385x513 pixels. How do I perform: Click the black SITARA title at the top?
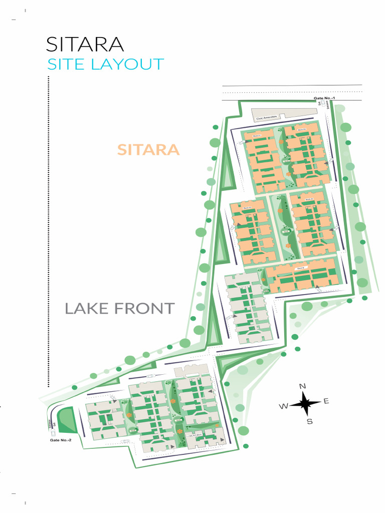point(84,45)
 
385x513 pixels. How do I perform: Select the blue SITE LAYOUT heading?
point(105,65)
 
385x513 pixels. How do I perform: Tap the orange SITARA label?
point(148,149)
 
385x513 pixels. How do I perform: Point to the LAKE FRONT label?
point(119,309)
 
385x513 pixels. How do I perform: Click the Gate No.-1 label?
point(323,98)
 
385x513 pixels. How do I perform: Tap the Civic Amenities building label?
point(267,119)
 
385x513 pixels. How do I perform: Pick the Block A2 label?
point(301,129)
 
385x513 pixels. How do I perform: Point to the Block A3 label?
point(246,208)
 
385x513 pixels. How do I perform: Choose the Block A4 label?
point(308,200)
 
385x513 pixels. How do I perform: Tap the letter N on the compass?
point(302,386)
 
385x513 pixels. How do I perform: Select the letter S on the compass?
point(309,421)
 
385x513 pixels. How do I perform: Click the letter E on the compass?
point(326,401)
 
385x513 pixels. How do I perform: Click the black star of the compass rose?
point(305,403)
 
